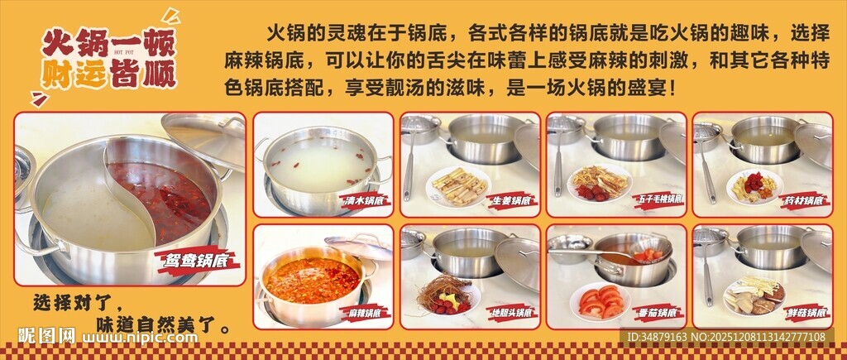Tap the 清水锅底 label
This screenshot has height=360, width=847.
[x=366, y=200]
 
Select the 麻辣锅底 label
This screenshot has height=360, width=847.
[x=366, y=314]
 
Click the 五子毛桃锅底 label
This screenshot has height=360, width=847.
[x=659, y=200]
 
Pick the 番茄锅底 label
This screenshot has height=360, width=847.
[x=659, y=314]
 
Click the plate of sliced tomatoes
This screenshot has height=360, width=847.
[x=601, y=300]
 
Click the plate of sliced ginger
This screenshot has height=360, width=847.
[x=457, y=186]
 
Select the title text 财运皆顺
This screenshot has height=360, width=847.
[x=108, y=75]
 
